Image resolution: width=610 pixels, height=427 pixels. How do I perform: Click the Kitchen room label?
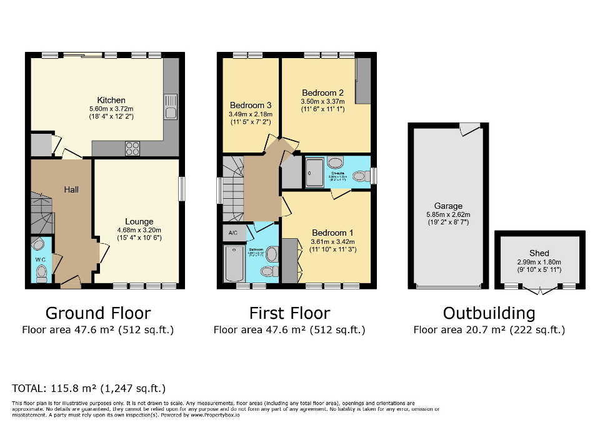[111, 100]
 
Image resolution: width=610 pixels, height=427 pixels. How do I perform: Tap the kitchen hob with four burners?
[132, 148]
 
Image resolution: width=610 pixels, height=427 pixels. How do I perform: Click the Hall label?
[71, 189]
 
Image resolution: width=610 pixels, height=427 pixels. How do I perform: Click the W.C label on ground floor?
[41, 259]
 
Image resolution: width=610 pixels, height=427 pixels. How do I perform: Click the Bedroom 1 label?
[332, 233]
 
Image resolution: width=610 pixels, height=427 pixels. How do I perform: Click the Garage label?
[449, 206]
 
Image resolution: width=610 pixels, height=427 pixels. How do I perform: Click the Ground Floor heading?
[98, 313]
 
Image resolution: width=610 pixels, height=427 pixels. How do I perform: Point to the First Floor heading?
[289, 313]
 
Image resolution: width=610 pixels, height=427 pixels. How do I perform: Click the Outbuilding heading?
[489, 313]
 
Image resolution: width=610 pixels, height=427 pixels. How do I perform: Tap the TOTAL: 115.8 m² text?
[89, 388]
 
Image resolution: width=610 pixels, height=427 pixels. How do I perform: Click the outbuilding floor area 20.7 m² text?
[489, 329]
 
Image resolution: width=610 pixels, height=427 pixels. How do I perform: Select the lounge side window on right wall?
[182, 189]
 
